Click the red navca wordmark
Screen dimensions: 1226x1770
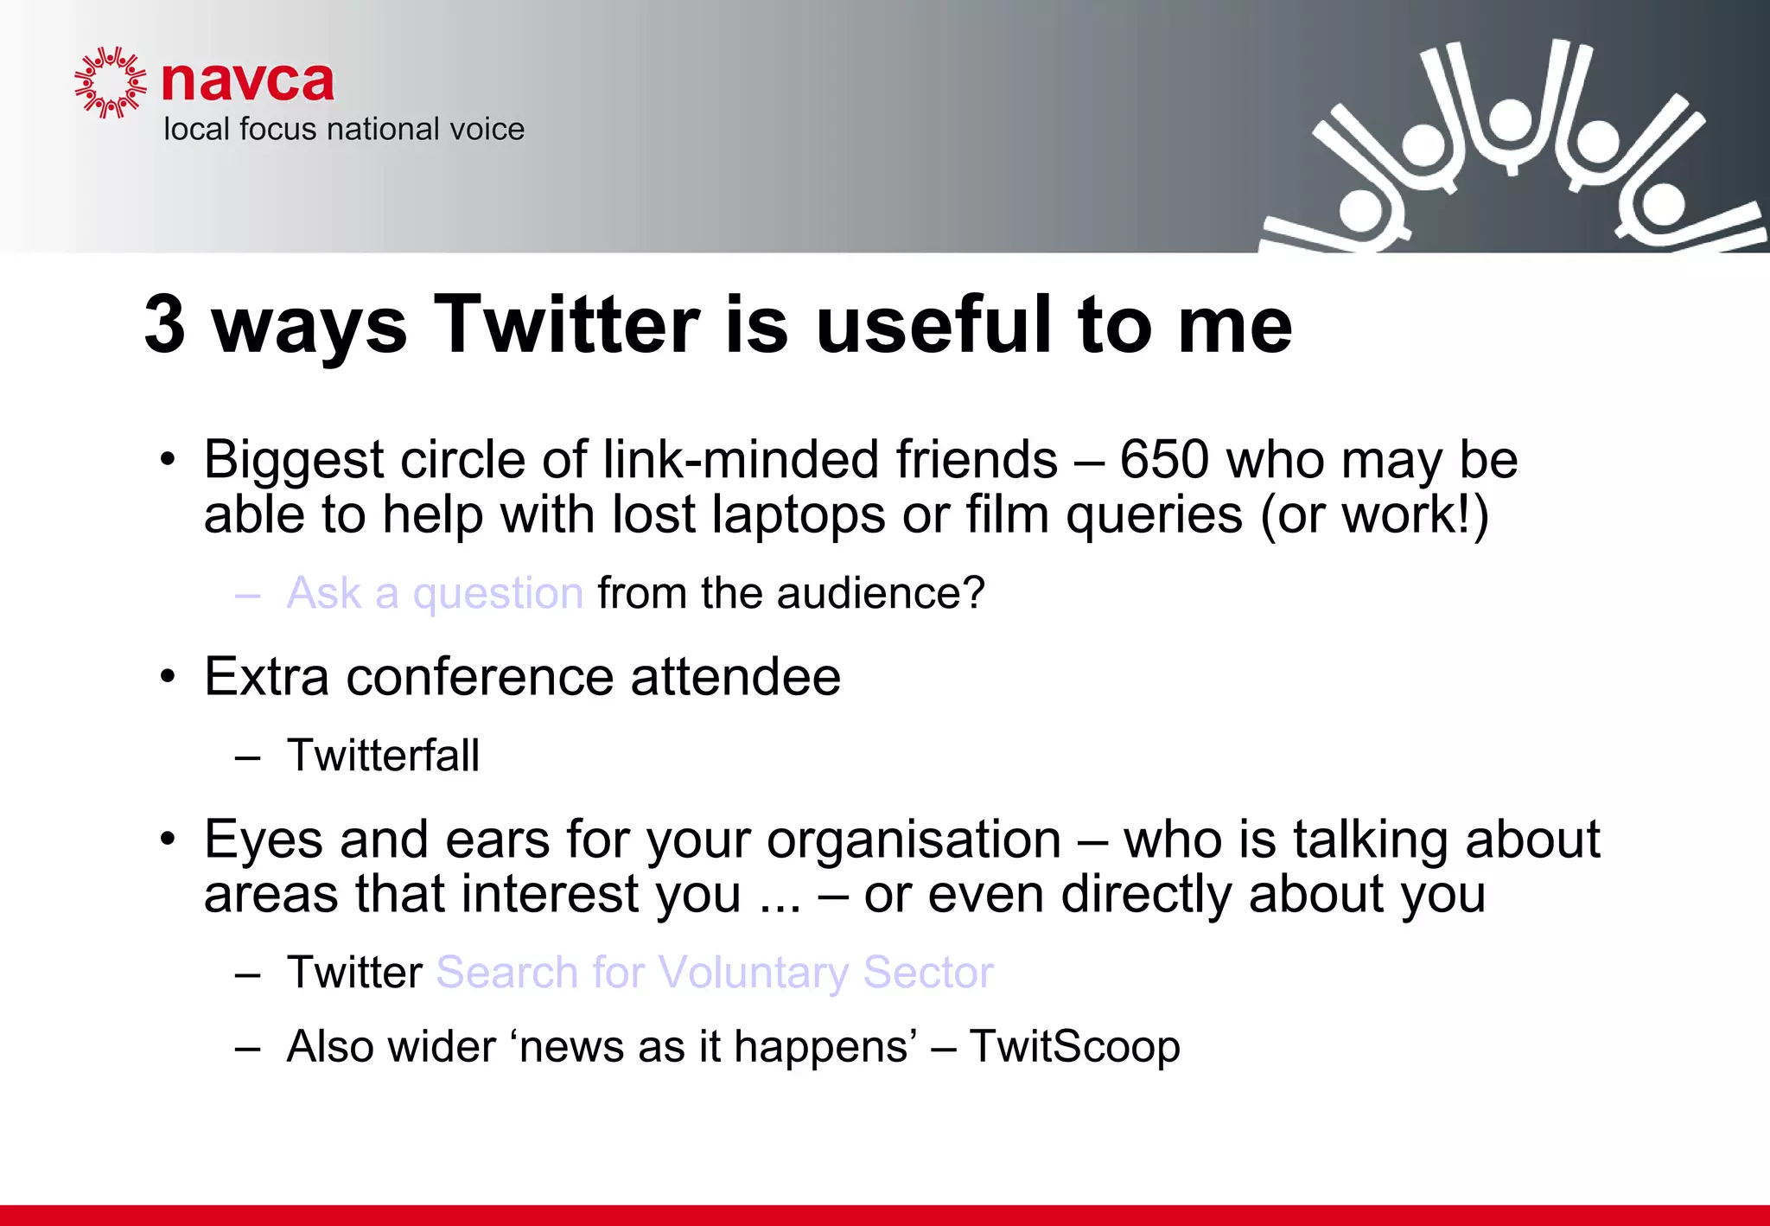point(247,82)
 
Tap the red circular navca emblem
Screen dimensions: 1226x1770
point(110,83)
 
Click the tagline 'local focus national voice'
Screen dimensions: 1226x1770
point(344,130)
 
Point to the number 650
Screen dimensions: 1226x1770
point(1163,459)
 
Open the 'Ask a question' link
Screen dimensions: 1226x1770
point(435,593)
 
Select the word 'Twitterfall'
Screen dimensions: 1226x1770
point(383,756)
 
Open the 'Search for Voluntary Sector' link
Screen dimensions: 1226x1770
point(715,973)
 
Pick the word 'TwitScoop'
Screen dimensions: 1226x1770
point(1074,1047)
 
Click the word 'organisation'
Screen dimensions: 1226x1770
point(914,840)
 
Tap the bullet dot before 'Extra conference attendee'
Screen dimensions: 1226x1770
point(168,676)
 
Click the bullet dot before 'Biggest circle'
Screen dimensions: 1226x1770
point(168,459)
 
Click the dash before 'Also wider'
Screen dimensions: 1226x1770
point(247,1048)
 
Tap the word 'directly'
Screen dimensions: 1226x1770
point(1146,894)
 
